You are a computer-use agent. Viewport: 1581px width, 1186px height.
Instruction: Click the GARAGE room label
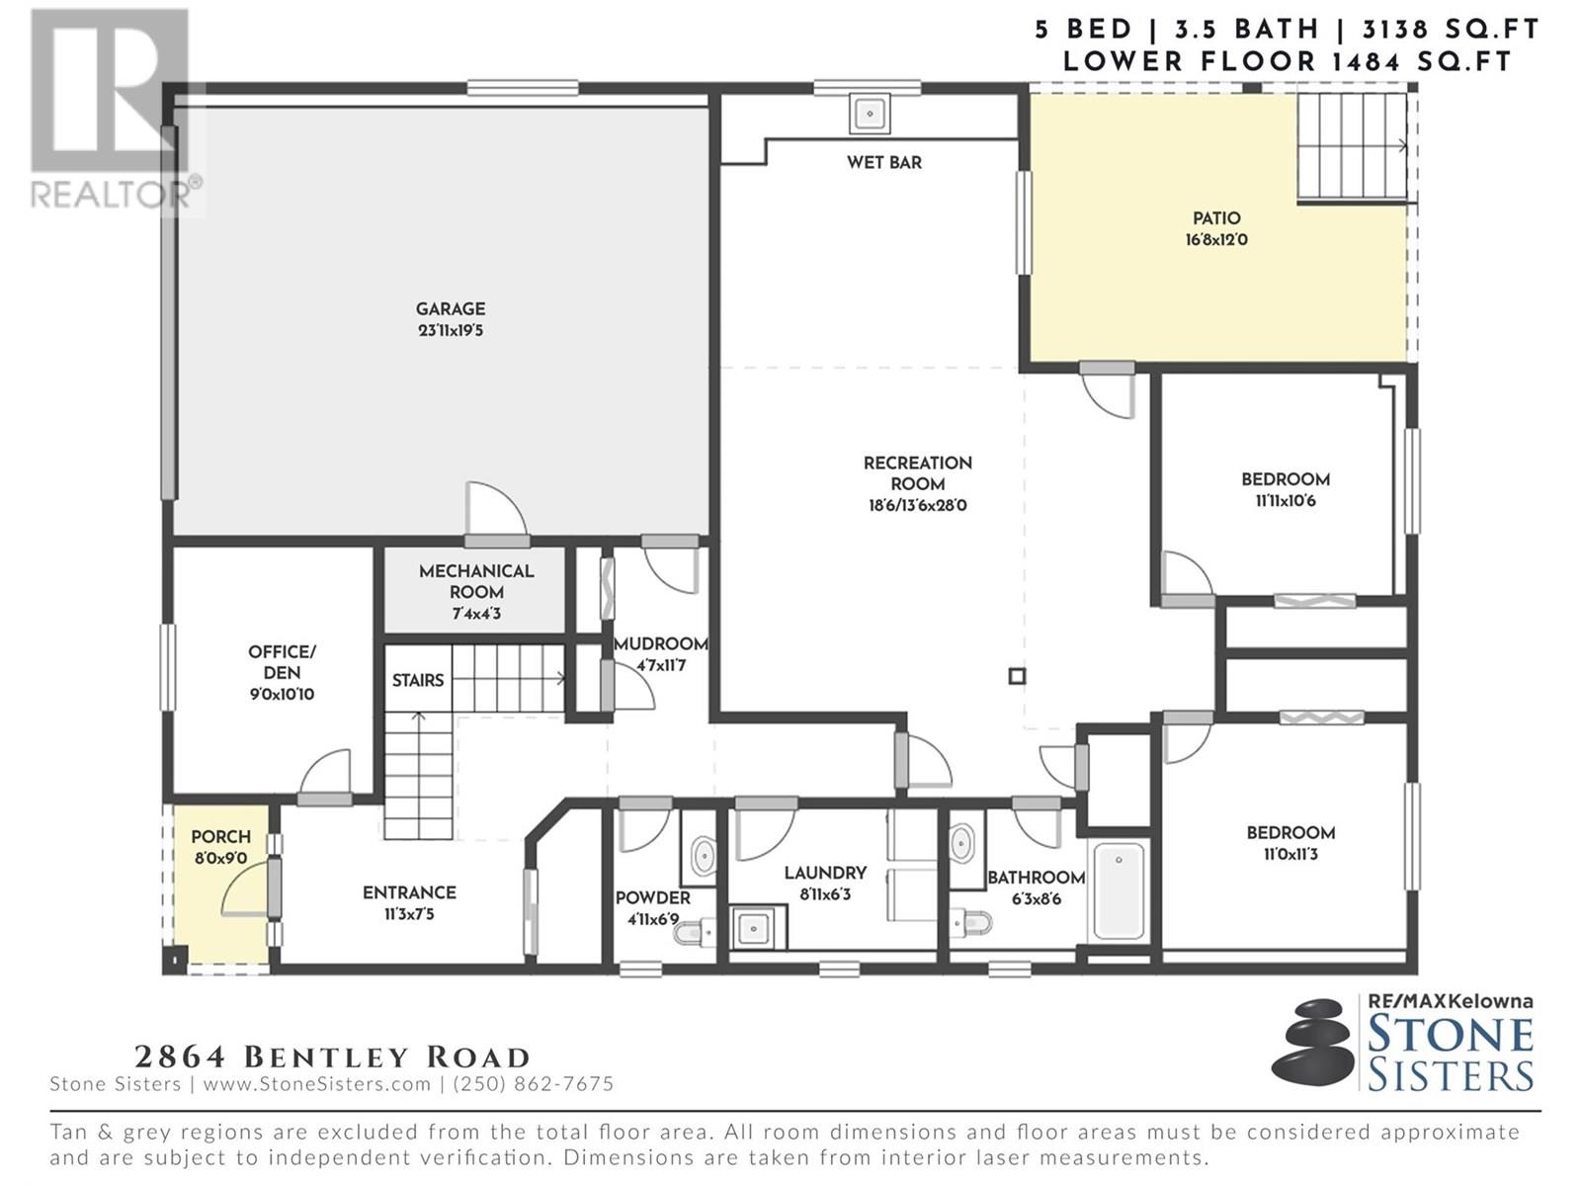[451, 309]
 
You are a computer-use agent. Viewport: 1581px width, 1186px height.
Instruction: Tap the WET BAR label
[883, 163]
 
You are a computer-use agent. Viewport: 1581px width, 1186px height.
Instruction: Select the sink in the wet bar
[871, 114]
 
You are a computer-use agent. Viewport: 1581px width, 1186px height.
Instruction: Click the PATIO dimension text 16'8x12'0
[1216, 240]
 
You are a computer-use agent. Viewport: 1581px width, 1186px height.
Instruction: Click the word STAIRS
[418, 681]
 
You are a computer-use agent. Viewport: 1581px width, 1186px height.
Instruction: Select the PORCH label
[220, 837]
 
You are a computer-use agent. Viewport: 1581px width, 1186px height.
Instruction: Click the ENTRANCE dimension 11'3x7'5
[409, 914]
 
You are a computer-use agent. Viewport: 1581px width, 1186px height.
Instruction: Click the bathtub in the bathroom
[1118, 890]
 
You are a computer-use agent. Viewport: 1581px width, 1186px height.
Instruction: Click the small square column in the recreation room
[1017, 676]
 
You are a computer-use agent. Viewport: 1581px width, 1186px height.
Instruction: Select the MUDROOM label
[660, 644]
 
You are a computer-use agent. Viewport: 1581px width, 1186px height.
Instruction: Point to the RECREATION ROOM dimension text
[918, 505]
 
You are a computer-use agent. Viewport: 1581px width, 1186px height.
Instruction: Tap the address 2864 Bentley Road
[332, 1058]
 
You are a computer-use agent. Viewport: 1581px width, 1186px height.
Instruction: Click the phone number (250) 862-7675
[533, 1084]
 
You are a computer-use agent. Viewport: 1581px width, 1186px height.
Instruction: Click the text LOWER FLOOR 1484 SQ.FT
[1287, 62]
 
